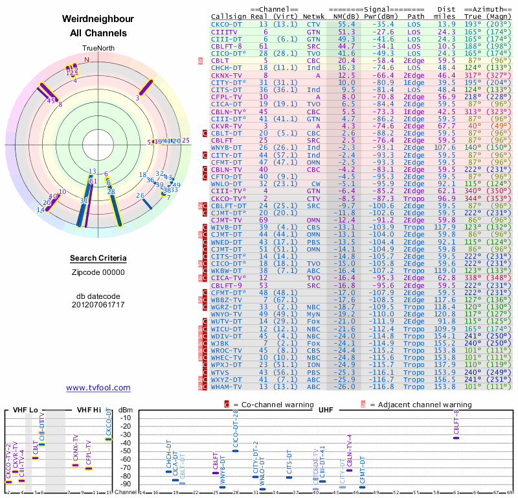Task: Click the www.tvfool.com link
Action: (x=98, y=388)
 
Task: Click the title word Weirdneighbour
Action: (x=98, y=19)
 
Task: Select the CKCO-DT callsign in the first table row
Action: (x=228, y=23)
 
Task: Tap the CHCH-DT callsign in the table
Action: (x=228, y=67)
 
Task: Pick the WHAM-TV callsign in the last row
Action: (x=228, y=386)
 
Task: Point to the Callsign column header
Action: (x=229, y=16)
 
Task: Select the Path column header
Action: (x=416, y=16)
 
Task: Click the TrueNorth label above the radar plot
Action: (x=98, y=48)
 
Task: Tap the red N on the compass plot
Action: (x=87, y=60)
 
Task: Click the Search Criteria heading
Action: (x=98, y=259)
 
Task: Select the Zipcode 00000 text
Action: (x=98, y=272)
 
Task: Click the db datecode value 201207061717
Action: (x=98, y=305)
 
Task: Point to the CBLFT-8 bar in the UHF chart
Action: (x=456, y=438)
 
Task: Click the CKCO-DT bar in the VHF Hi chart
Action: (x=109, y=439)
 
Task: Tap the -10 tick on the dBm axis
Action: (x=126, y=418)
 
